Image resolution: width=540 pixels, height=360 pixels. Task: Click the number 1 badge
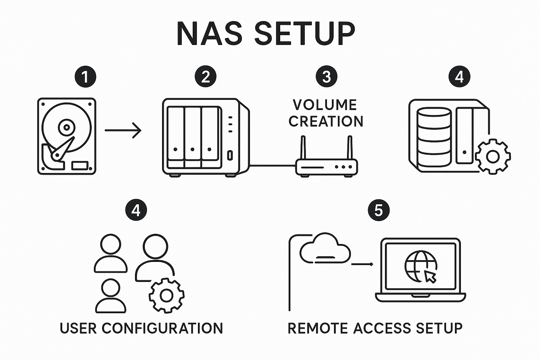85,77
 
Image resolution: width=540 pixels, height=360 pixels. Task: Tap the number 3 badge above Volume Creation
326,77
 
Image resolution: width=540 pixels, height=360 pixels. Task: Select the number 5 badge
378,210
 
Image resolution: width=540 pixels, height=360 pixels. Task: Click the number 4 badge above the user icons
136,210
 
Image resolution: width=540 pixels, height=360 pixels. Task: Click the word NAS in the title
210,33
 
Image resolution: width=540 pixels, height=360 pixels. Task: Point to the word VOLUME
325,105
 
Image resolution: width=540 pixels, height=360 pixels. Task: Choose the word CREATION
326,121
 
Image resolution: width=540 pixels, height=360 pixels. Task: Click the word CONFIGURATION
162,328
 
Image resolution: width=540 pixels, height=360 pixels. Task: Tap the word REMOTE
318,328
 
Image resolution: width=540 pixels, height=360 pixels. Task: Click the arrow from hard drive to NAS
123,130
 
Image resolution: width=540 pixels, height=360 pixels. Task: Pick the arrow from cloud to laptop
362,264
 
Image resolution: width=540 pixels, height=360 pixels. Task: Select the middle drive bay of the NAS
192,137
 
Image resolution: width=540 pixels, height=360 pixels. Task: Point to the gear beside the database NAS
493,156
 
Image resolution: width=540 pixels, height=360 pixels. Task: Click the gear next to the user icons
166,295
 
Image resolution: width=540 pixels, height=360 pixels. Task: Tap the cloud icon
325,249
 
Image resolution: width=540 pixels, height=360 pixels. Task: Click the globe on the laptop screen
420,266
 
